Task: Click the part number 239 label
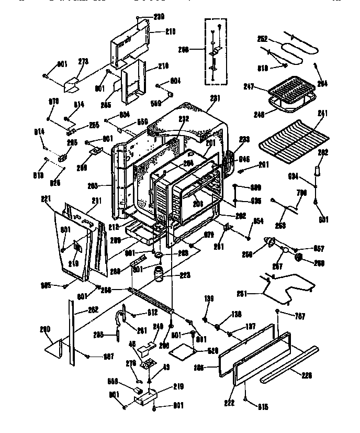point(143,17)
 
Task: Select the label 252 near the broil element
point(263,38)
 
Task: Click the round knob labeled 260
point(300,257)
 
